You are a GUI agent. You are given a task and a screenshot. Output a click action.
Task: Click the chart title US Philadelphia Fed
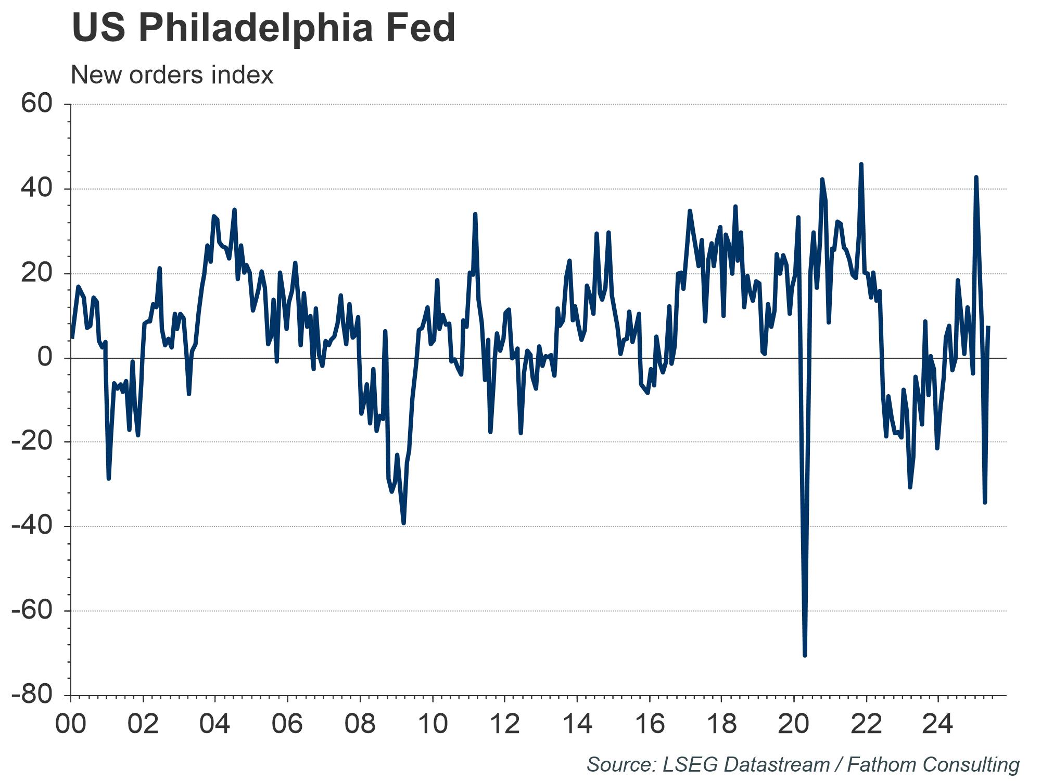pos(263,28)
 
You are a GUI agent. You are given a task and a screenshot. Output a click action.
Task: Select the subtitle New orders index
pos(172,75)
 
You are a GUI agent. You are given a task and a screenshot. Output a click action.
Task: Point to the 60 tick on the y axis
pos(37,104)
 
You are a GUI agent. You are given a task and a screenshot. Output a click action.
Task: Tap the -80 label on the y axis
pos(32,695)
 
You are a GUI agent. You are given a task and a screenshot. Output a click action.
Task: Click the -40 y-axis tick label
pos(32,526)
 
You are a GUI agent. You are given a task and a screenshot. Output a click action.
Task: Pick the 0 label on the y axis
pos(46,358)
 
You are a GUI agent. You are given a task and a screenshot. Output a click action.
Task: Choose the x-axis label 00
pos(71,724)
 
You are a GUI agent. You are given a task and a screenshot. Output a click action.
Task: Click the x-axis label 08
pos(360,724)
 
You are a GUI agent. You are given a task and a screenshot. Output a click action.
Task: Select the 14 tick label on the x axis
pos(577,724)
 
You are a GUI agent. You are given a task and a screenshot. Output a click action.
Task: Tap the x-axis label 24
pos(938,724)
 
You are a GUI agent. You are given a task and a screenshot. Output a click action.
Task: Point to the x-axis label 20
pos(794,724)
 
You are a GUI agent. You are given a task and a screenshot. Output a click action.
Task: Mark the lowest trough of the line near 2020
pos(805,655)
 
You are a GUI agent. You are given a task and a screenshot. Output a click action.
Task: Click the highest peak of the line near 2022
pos(861,164)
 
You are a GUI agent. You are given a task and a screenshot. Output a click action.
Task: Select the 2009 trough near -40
pos(403,523)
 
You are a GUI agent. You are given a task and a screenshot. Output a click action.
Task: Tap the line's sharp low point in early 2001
pos(108,478)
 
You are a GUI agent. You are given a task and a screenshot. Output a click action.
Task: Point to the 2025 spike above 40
pos(976,178)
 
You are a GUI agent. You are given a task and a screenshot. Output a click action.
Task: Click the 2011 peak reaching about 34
pos(475,214)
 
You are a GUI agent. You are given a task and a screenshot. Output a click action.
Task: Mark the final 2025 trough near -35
pos(985,502)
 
